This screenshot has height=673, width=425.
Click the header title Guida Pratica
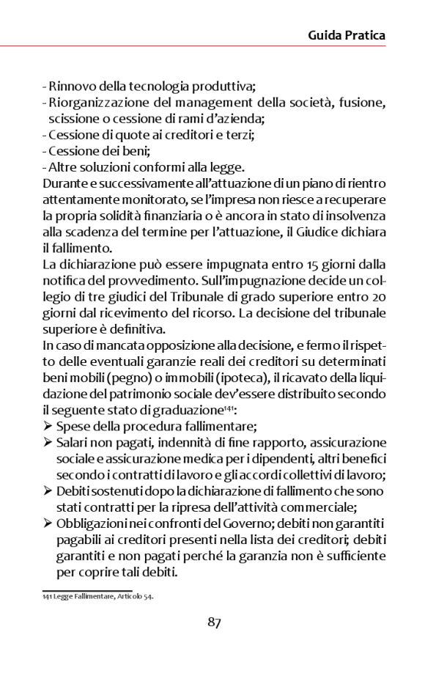pyautogui.click(x=347, y=34)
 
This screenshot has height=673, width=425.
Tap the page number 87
pyautogui.click(x=214, y=622)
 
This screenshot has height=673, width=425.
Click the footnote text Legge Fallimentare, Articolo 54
pyautogui.click(x=103, y=596)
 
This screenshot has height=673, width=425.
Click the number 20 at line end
pyautogui.click(x=378, y=295)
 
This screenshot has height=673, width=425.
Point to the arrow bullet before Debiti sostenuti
pyautogui.click(x=48, y=490)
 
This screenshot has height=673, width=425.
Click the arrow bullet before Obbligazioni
pyautogui.click(x=48, y=523)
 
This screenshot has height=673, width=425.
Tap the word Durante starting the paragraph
pyautogui.click(x=64, y=183)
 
